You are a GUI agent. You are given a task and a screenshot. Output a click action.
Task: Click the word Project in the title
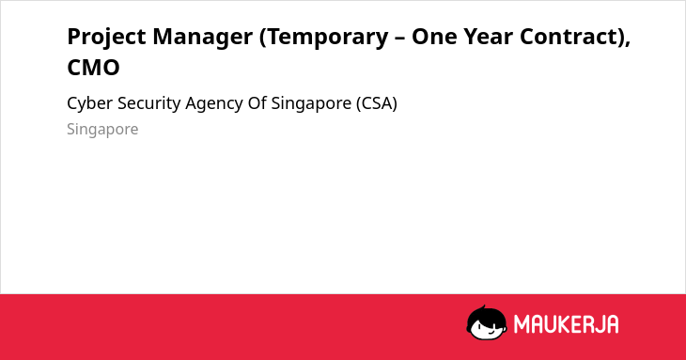106,38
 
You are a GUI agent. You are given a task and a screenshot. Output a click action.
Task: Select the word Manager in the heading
203,38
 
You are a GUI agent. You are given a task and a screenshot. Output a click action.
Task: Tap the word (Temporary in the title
324,38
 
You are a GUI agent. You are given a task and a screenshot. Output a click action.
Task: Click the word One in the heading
434,37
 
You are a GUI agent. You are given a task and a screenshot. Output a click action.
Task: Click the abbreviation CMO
93,68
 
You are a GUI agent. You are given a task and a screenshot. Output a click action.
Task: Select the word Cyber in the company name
89,104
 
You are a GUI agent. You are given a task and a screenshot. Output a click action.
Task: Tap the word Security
149,104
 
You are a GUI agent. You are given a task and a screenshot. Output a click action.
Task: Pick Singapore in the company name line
311,104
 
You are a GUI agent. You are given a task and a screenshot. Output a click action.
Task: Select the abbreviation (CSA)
377,103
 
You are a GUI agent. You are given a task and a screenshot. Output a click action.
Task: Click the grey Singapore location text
102,130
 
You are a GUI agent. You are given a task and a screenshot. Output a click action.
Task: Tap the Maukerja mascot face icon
487,322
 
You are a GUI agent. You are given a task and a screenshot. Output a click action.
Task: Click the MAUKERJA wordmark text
566,324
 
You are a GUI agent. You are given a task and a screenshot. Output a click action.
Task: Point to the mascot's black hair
486,315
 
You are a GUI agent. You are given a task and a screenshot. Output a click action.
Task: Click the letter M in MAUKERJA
522,324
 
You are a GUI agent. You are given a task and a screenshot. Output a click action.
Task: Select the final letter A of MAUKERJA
612,324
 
